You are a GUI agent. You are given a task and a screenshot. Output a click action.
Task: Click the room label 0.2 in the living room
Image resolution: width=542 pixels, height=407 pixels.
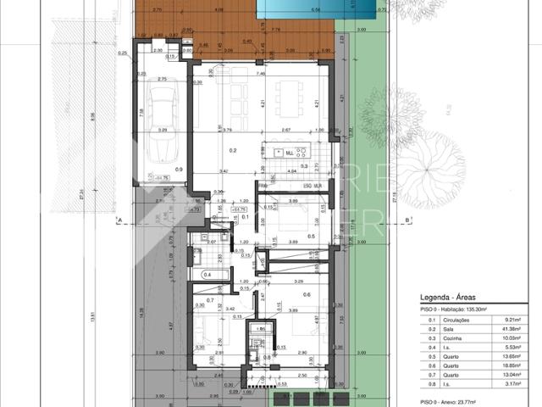209,150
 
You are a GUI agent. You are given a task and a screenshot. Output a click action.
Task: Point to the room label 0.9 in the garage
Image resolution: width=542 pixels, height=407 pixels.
179,170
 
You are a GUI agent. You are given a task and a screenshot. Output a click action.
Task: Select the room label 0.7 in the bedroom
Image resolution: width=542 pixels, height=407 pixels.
210,300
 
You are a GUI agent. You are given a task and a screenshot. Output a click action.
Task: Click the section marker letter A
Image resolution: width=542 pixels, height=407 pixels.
121,220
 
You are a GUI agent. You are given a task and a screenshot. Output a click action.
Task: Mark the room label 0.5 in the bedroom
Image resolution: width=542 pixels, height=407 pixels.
311,237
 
